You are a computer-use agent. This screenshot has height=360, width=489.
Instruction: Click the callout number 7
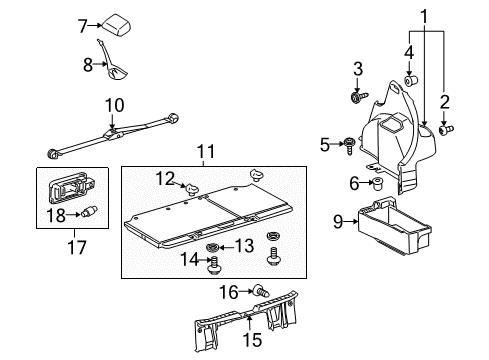[83, 27]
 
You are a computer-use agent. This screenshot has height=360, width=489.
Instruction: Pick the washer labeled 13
[212, 247]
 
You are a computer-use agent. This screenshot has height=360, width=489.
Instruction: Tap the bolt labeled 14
[212, 266]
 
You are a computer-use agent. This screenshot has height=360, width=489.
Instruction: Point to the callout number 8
[88, 65]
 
